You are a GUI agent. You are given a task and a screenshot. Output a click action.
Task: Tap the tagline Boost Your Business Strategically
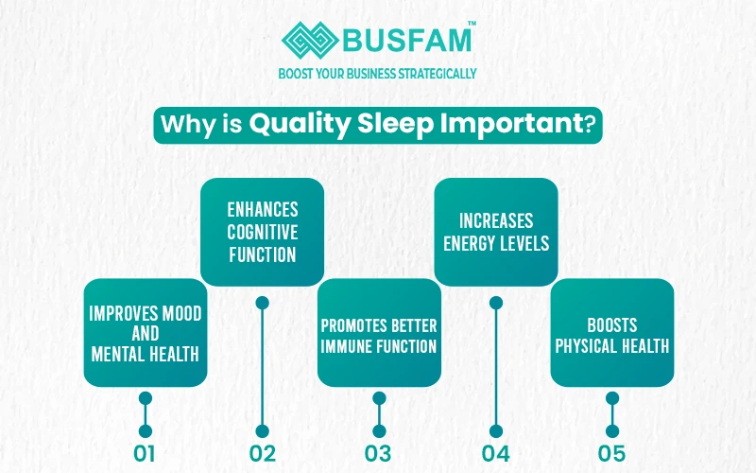(378, 73)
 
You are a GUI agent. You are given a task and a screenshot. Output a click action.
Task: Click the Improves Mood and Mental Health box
(145, 332)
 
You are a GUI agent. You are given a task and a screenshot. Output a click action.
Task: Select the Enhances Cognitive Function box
(262, 232)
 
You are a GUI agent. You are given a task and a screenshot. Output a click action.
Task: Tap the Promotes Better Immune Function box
(378, 332)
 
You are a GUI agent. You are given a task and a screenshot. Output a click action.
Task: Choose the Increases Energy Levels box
(495, 232)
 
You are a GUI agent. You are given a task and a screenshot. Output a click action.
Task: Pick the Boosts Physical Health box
(611, 332)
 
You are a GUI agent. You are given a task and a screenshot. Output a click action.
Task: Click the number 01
(145, 453)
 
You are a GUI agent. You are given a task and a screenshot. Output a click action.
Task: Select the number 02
(262, 453)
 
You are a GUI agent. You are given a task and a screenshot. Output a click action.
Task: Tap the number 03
(378, 453)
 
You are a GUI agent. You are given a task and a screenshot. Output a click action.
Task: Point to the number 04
(495, 453)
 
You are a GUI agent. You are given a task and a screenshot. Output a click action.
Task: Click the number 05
(611, 453)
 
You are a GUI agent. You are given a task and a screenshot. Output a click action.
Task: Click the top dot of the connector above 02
(262, 303)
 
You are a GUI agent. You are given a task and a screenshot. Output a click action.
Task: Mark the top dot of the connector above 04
(495, 303)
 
